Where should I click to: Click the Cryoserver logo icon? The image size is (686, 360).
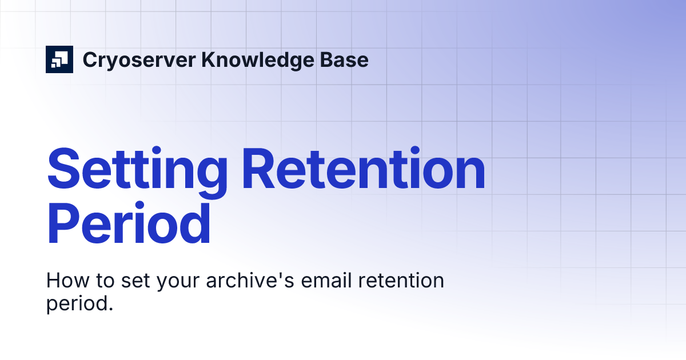pyautogui.click(x=59, y=59)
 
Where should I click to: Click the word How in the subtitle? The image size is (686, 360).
pyautogui.click(x=65, y=281)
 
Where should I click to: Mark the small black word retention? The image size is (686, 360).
pyautogui.click(x=400, y=281)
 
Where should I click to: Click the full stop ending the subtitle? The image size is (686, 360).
pyautogui.click(x=110, y=309)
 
